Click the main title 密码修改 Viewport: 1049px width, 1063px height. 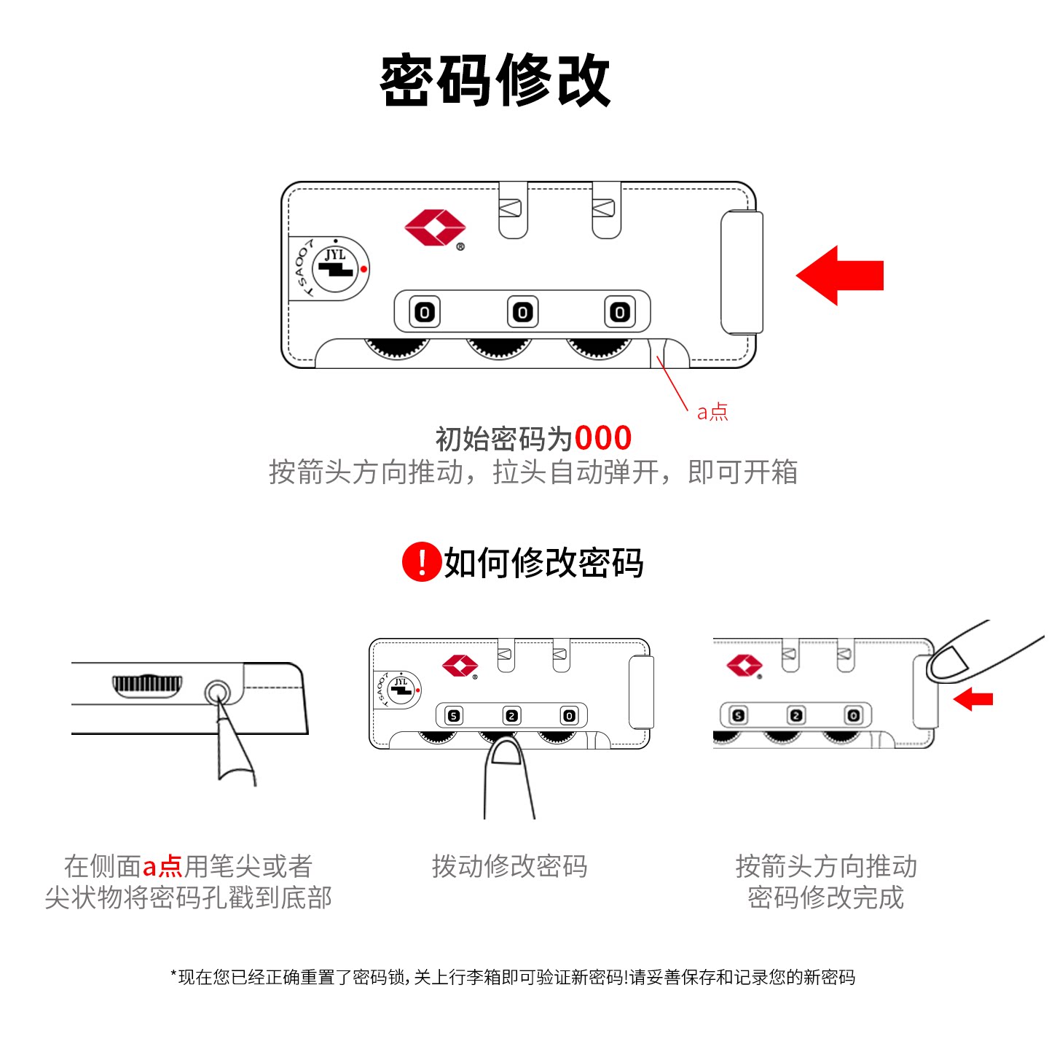(x=495, y=80)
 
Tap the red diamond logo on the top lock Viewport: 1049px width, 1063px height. (x=435, y=227)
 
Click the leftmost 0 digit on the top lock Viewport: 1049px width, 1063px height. (x=425, y=312)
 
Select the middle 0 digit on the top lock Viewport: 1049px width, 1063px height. (x=522, y=312)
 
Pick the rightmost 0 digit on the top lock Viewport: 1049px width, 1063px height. (x=619, y=312)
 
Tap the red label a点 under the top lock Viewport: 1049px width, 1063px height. (x=712, y=413)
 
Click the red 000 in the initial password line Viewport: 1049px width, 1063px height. (x=602, y=438)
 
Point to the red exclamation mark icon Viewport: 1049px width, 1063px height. (x=421, y=562)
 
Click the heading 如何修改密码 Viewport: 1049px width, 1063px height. (x=543, y=563)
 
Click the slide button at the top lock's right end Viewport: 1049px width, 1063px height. (x=742, y=272)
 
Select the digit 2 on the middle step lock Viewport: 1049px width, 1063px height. (x=512, y=716)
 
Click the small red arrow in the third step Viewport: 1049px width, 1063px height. (x=973, y=699)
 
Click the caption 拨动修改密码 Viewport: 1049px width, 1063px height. (x=509, y=866)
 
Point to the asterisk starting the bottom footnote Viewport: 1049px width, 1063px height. (x=174, y=975)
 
